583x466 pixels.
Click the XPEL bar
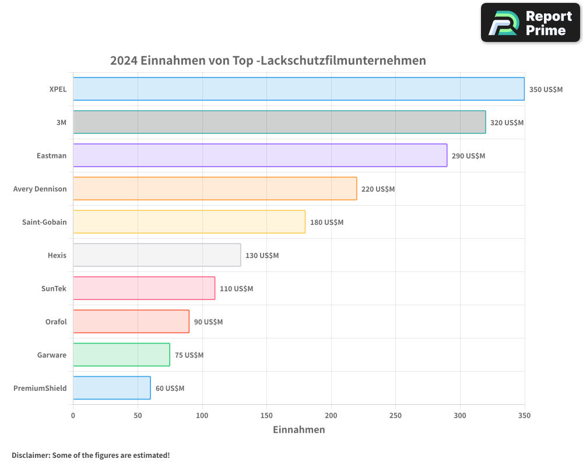click(x=298, y=89)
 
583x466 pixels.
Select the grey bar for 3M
click(x=279, y=122)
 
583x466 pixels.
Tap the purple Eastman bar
click(x=260, y=156)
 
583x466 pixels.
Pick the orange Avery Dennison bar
click(x=215, y=189)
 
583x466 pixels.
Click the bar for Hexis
click(x=157, y=255)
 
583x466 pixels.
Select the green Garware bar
click(x=121, y=355)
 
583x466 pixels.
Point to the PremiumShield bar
click(x=112, y=388)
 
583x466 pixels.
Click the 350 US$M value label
click(x=546, y=90)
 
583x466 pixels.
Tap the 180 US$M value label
click(x=326, y=223)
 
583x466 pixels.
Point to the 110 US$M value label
click(x=236, y=289)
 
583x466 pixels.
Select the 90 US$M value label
click(x=208, y=322)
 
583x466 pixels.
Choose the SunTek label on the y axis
click(x=54, y=288)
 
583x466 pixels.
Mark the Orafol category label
click(x=56, y=322)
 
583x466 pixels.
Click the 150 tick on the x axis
click(x=266, y=415)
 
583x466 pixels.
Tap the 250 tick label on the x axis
click(x=395, y=415)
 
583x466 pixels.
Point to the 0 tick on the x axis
click(x=73, y=415)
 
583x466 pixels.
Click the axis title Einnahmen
click(x=298, y=430)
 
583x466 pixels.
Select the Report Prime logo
click(x=530, y=23)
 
